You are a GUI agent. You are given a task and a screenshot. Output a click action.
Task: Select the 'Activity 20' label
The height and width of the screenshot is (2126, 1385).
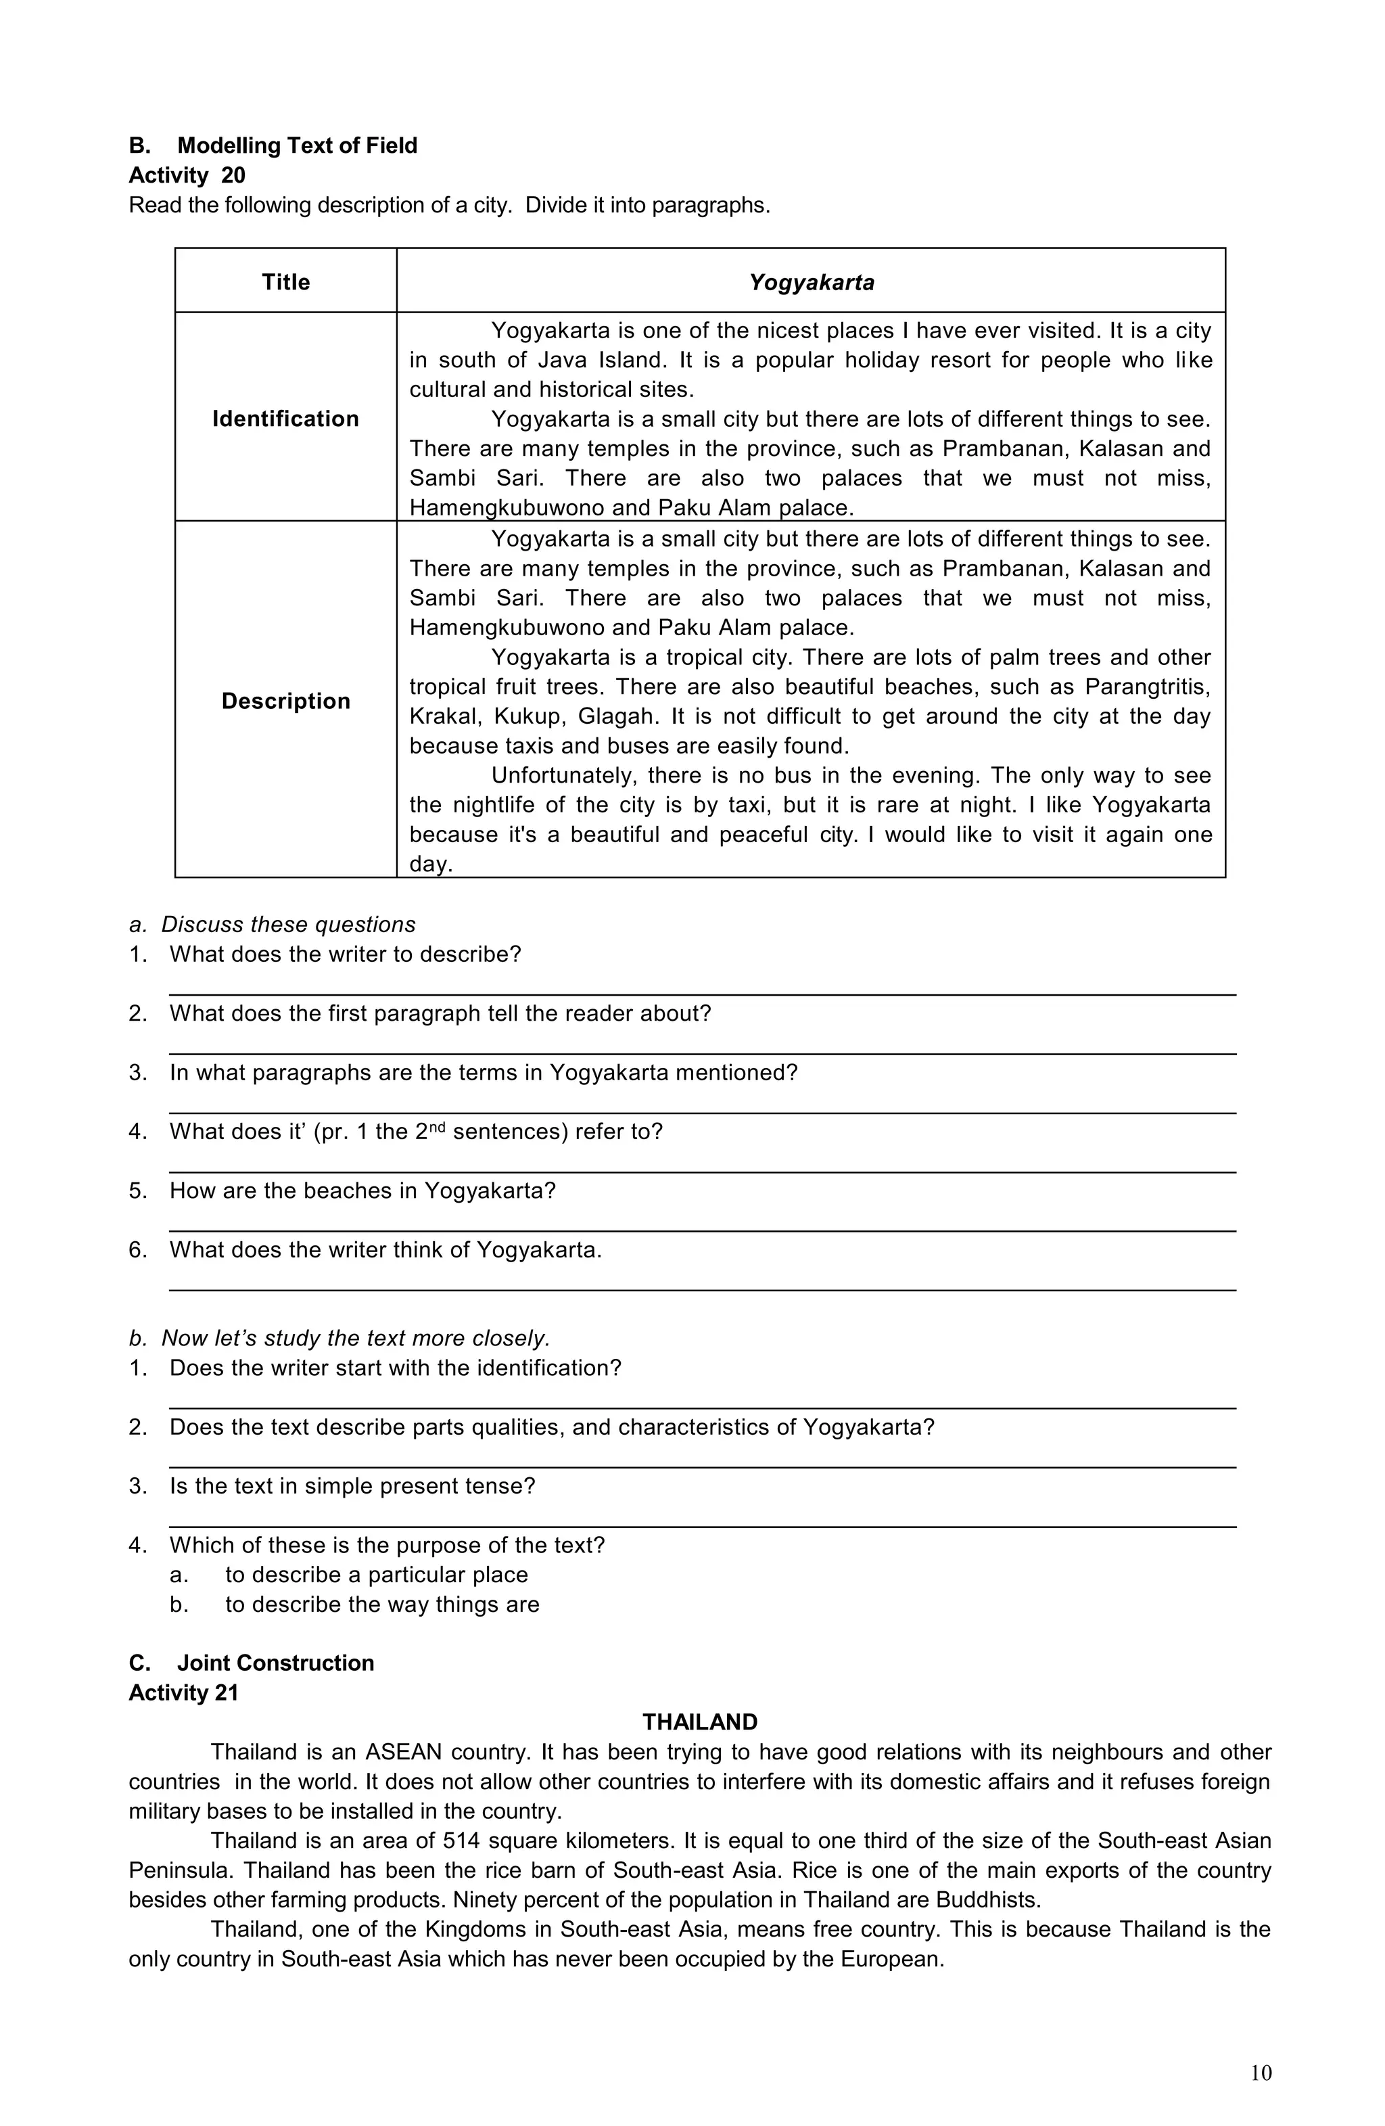(187, 175)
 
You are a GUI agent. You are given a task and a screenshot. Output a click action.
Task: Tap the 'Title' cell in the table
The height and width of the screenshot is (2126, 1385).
(286, 282)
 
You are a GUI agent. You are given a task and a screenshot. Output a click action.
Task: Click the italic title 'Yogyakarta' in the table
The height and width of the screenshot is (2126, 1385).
(811, 282)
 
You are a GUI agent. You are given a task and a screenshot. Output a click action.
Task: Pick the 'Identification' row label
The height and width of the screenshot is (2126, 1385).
(286, 419)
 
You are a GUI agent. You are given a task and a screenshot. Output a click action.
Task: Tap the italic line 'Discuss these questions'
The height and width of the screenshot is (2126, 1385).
(287, 925)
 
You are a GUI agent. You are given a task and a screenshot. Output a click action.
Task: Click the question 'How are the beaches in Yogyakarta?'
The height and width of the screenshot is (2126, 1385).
(362, 1191)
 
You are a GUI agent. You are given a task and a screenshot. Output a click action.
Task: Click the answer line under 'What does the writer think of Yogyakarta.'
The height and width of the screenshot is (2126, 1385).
(702, 1290)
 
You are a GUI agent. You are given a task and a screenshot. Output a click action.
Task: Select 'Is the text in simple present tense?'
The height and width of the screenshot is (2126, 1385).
(352, 1486)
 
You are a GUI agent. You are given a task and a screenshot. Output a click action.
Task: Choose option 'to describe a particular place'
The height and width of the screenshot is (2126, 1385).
(376, 1575)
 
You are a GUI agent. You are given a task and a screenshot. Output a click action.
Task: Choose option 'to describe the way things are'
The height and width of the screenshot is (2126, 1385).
(381, 1604)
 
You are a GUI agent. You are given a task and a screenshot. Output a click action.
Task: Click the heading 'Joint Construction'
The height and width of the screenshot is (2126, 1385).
(275, 1663)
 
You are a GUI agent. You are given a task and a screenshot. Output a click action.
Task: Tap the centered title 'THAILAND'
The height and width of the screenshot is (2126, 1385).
(700, 1722)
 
